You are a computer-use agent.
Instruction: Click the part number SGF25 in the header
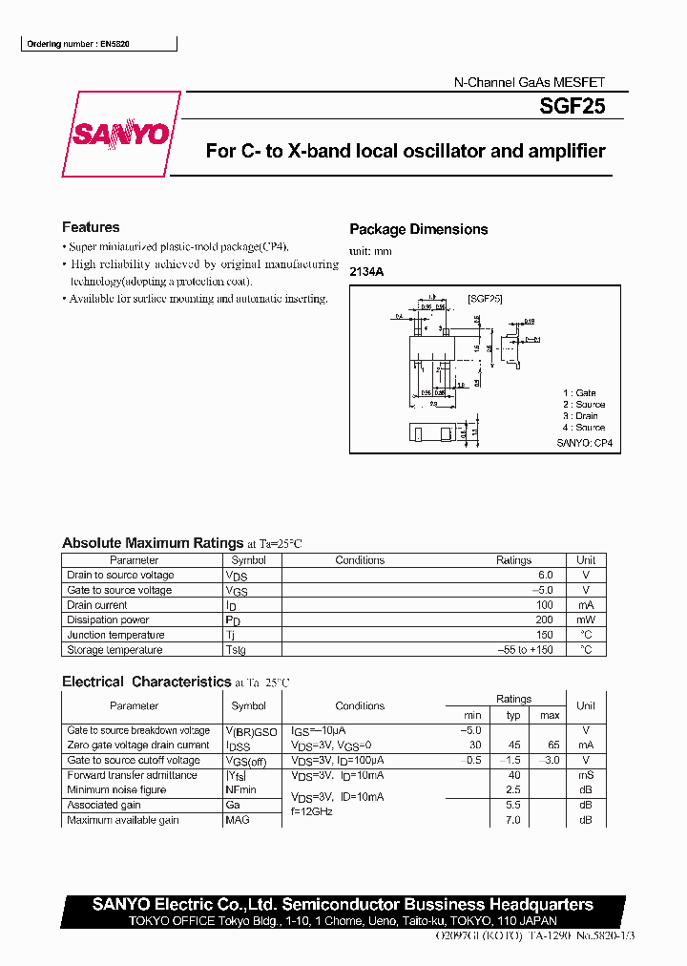coord(572,108)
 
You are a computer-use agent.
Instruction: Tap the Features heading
coord(91,227)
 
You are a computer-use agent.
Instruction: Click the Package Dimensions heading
coord(418,229)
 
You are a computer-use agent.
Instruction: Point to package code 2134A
coord(366,271)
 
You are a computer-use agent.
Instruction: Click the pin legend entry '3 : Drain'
coord(580,416)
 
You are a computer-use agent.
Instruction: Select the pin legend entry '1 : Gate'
coord(579,393)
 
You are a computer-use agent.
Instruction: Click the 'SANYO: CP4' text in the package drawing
coord(584,444)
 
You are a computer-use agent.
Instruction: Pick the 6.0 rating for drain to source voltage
coord(545,576)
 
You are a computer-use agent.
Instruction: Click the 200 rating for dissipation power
coord(544,620)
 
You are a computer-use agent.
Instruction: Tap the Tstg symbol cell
coord(235,651)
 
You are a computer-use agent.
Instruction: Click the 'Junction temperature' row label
coord(115,636)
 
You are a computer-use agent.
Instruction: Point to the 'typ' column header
coord(513,715)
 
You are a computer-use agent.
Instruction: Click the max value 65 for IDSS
coord(550,745)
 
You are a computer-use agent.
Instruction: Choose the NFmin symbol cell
coord(240,790)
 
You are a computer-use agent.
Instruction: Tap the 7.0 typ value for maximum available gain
coord(513,821)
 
